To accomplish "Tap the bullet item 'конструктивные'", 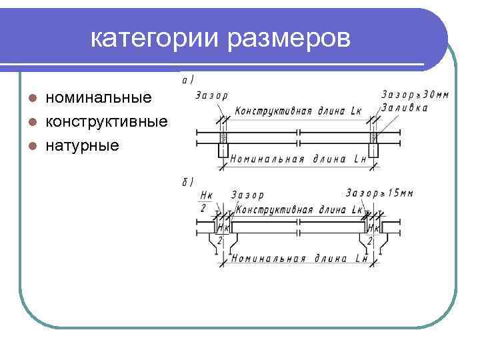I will coord(106,121).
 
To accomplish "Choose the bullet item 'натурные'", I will coord(82,145).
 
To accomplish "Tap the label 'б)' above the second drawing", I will coord(188,181).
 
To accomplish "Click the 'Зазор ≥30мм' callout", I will coord(415,95).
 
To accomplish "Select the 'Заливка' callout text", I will coord(405,107).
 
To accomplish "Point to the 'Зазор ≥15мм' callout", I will coord(379,193).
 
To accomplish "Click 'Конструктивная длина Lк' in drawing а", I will coord(298,111).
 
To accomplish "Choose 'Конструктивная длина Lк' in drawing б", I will coord(299,209).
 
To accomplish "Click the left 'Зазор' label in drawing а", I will coord(212,95).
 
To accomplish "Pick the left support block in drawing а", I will coord(223,149).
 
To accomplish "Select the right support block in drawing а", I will coord(373,149).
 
